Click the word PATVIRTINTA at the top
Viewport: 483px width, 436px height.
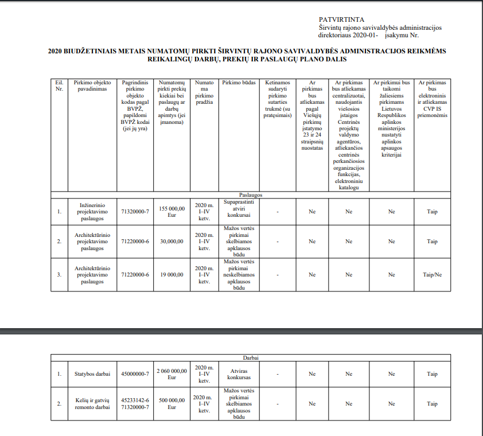pos(342,20)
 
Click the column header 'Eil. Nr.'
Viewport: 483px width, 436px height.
pos(59,86)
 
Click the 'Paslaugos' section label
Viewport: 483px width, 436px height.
pos(250,195)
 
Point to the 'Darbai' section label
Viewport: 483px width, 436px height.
pos(250,357)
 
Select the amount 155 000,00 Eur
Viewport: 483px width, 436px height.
pos(172,211)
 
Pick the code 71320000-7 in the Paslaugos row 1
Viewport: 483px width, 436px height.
pos(135,212)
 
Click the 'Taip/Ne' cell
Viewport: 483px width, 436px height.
pos(432,275)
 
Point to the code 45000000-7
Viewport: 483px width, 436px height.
pos(135,374)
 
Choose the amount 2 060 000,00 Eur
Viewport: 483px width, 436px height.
pos(172,374)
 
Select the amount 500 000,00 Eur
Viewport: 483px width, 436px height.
pos(172,404)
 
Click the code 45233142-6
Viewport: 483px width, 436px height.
pos(135,400)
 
